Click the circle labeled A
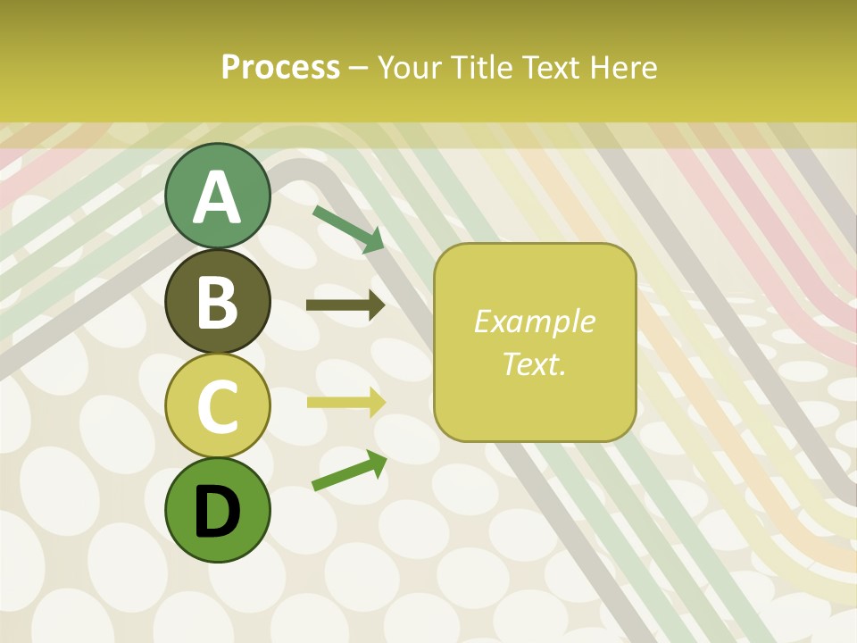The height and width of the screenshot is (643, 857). (217, 196)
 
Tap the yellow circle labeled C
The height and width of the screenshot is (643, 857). (217, 405)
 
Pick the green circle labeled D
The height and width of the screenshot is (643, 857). (217, 510)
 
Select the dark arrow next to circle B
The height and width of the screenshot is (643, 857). (345, 306)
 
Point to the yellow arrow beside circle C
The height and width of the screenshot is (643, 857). (345, 402)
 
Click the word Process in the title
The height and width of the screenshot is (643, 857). (280, 67)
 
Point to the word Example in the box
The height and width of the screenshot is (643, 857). (534, 321)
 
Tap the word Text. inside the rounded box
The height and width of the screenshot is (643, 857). (534, 363)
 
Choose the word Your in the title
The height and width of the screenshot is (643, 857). (410, 67)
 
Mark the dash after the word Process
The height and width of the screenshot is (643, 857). (359, 68)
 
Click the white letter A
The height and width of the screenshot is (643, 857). (217, 196)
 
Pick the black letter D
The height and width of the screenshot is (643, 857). (217, 511)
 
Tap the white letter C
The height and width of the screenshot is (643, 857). (217, 406)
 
